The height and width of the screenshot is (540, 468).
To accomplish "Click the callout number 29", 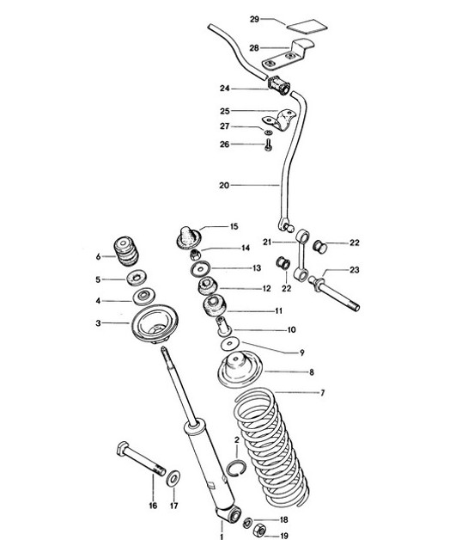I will coord(254,18).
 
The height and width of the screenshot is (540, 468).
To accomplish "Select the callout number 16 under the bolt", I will coord(152,504).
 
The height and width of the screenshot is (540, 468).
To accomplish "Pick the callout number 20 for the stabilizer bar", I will coord(224,184).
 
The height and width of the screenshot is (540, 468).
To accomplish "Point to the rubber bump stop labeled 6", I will coord(130,252).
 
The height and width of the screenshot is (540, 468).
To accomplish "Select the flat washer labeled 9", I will coord(229,344).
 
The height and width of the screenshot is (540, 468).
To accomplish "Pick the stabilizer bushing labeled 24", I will coord(277,86).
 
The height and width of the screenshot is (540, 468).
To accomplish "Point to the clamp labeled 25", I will coord(275,119).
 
